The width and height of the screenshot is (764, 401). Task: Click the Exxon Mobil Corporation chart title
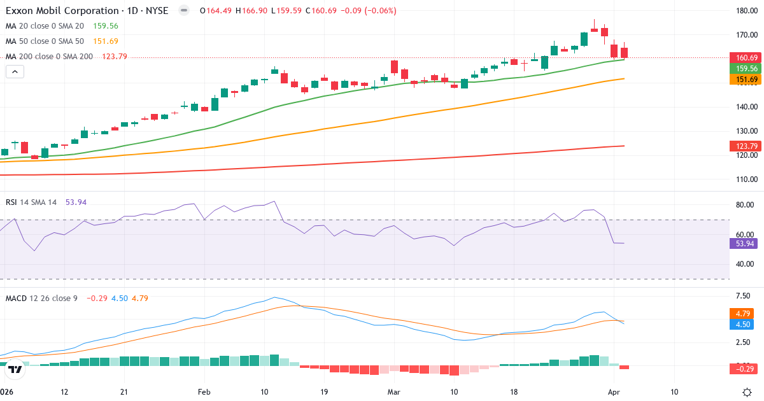[x=87, y=11]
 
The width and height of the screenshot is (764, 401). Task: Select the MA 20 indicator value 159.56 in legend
[x=105, y=26]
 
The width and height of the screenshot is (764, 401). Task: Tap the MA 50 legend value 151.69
[x=105, y=41]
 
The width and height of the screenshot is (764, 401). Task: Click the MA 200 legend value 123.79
[x=115, y=57]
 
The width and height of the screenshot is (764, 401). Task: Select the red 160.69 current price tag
[x=744, y=58]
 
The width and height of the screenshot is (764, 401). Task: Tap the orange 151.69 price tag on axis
[x=744, y=80]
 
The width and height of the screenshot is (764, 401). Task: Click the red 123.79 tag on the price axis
[x=744, y=146]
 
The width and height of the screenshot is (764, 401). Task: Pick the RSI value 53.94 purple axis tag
[x=742, y=243]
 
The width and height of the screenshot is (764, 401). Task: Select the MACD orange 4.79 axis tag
[x=742, y=314]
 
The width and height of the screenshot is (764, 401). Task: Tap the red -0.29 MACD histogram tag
[x=742, y=368]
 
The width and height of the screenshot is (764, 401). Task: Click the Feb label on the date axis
[x=204, y=392]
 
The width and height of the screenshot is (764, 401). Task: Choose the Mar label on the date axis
[x=393, y=392]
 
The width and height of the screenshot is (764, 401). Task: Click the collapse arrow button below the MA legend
[x=15, y=72]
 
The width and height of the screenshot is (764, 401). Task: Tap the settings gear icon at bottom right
[x=749, y=392]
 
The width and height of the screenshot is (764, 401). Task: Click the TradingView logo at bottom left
[x=15, y=369]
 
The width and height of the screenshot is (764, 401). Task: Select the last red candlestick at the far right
[x=625, y=53]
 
